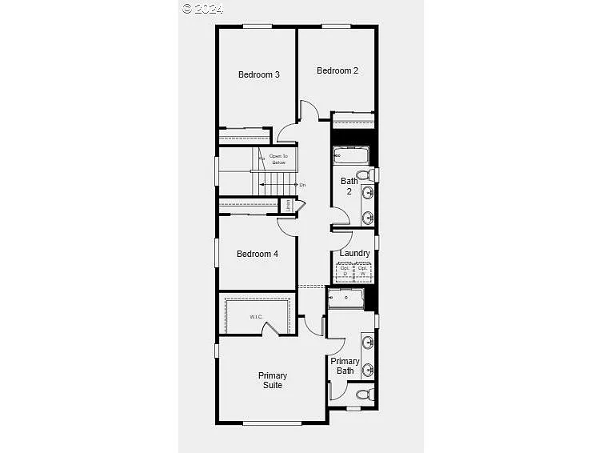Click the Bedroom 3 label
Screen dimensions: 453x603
[259, 75]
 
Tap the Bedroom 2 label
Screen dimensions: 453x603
[337, 70]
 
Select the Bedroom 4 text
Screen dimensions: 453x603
[258, 254]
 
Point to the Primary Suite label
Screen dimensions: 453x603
[272, 380]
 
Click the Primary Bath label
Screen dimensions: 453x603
[345, 366]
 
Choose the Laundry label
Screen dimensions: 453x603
[354, 254]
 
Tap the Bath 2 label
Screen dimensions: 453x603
[349, 186]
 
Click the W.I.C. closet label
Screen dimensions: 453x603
[256, 317]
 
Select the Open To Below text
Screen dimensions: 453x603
[278, 159]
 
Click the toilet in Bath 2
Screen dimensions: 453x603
[364, 174]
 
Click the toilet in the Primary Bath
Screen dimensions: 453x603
[363, 394]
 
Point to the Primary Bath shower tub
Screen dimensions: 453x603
[345, 299]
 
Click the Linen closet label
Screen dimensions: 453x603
[288, 206]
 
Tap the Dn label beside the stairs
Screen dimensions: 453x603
[301, 185]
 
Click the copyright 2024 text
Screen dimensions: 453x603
[203, 8]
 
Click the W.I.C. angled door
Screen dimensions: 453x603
[270, 328]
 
